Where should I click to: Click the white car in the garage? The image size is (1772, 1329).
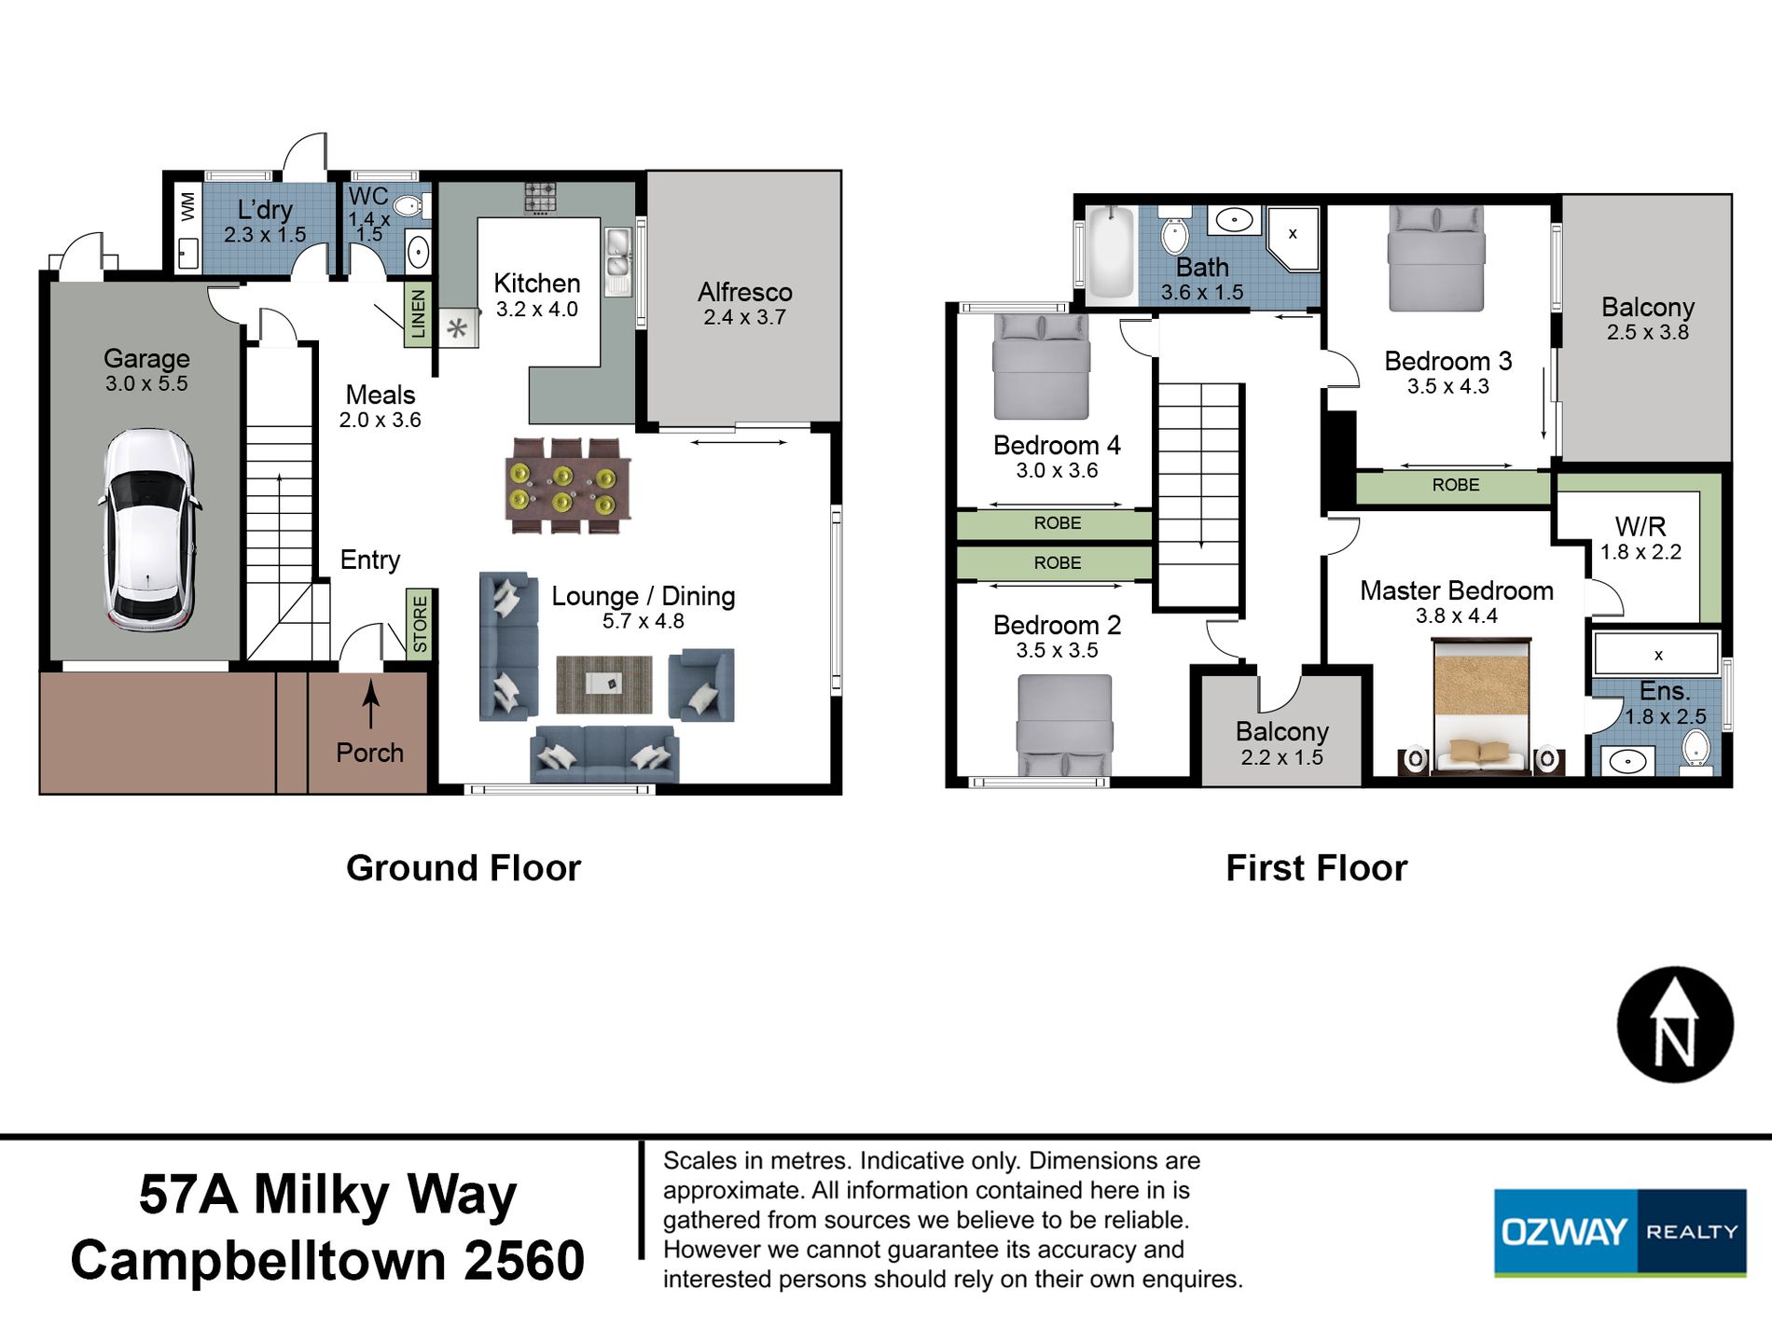[149, 530]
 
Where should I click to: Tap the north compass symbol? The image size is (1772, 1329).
[1675, 1025]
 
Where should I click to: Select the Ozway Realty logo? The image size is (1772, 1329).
[1620, 1232]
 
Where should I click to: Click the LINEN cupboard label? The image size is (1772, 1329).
[418, 313]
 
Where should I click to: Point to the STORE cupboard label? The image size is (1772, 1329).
[420, 624]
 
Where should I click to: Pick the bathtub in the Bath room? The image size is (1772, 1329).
[1111, 253]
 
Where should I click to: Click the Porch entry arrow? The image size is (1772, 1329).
[371, 704]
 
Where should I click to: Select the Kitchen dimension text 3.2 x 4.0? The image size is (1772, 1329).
[536, 310]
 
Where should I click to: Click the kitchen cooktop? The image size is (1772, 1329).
[540, 198]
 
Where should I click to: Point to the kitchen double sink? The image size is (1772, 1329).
[617, 262]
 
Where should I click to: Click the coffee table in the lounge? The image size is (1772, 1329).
[604, 685]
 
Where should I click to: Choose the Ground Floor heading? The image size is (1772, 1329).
[464, 868]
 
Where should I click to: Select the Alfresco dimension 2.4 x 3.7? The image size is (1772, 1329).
[744, 317]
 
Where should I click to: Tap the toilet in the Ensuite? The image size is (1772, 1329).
[1696, 751]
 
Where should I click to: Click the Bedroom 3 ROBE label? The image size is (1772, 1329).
[1456, 485]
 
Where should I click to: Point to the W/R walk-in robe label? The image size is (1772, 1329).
[1640, 526]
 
